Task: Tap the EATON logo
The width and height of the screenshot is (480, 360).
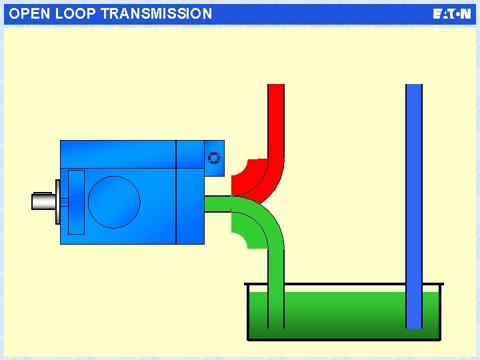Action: [451, 14]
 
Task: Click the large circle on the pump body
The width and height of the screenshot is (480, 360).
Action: [114, 202]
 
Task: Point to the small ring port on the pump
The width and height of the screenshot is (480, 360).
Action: [213, 158]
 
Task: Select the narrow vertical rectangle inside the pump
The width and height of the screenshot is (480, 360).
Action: [77, 202]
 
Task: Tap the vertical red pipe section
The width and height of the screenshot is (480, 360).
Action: [275, 120]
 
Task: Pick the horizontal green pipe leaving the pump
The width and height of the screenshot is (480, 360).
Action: [217, 204]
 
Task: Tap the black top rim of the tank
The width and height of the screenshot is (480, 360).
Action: [343, 285]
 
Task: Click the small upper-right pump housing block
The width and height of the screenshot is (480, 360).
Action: [214, 158]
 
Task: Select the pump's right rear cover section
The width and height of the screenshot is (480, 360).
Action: [190, 207]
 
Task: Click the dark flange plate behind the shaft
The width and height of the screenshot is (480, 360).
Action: [58, 202]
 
